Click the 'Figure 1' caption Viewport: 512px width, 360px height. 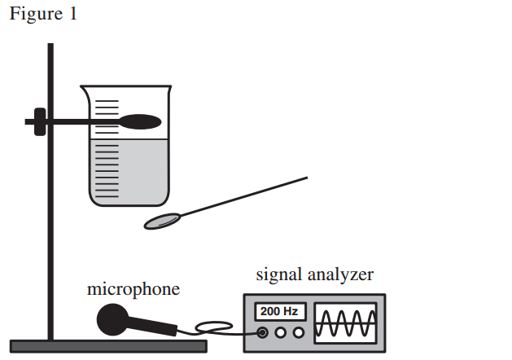43,14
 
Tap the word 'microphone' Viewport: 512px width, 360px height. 133,289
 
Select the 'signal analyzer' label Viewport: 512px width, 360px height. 314,274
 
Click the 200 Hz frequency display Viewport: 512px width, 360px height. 280,311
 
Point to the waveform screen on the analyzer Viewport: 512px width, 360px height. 345,323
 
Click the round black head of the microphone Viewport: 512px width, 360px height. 112,319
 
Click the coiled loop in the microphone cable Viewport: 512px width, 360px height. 214,327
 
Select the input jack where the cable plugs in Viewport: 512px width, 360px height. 262,332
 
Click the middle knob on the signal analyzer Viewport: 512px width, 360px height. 281,332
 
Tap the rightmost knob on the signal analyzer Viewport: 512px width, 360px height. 299,332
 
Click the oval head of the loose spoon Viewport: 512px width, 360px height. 162,222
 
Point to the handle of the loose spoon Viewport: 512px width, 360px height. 244,196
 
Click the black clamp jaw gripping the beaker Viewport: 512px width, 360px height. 140,121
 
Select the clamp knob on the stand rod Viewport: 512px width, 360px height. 40,121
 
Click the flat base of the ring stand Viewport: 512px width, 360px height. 108,346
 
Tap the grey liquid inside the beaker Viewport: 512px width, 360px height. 129,172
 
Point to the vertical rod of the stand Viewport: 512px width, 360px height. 50,191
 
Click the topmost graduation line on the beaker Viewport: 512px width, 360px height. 107,101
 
